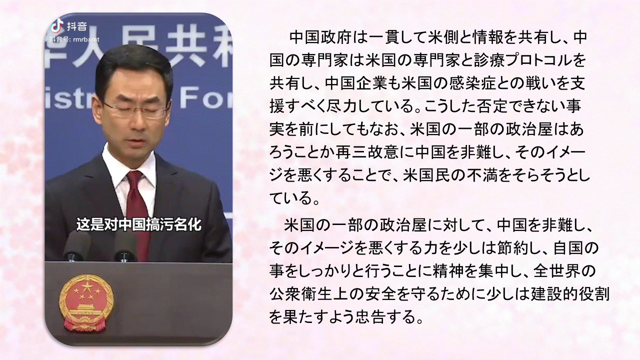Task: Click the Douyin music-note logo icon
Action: [57, 25]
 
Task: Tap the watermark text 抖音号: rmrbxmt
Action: [75, 39]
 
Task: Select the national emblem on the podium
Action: [86, 303]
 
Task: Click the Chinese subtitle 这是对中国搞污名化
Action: [138, 225]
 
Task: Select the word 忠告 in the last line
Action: [370, 316]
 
